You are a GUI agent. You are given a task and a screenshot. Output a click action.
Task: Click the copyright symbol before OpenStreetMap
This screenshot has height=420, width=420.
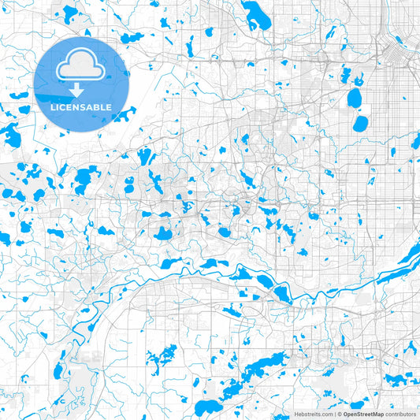tap(340, 413)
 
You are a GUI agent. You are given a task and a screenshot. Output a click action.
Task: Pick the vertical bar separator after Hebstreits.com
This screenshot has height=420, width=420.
tap(335, 413)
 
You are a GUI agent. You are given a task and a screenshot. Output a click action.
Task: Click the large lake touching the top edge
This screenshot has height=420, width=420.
tap(256, 13)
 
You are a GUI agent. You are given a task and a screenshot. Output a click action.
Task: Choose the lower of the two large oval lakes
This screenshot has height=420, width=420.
tap(360, 124)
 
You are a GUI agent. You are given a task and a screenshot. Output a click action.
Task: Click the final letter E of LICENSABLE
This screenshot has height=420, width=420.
tap(109, 107)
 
